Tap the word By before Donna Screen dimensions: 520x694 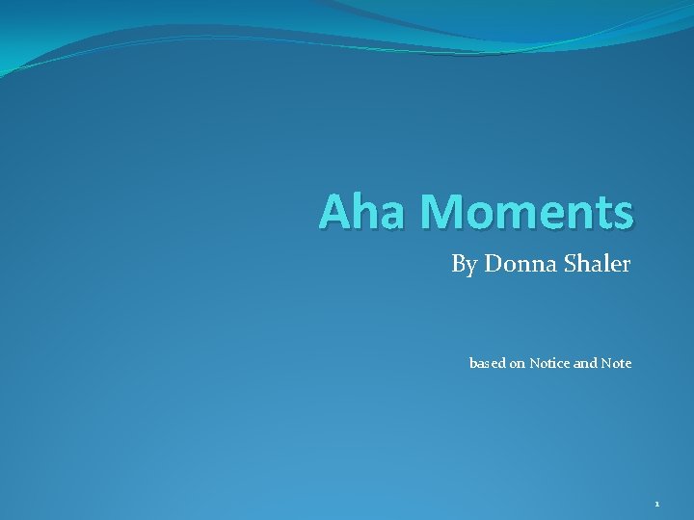tap(464, 264)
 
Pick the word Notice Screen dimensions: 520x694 tap(550, 363)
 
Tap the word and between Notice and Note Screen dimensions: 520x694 tap(586, 363)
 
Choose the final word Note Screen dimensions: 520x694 tap(617, 363)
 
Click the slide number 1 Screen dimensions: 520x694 tap(656, 504)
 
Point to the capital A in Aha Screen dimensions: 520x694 tap(334, 212)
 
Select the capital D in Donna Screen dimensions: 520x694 tap(493, 263)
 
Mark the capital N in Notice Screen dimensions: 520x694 tap(534, 363)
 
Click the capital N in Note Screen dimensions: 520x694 tap(605, 363)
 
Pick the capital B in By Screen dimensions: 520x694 tap(458, 263)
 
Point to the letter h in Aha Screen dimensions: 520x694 tap(361, 212)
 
